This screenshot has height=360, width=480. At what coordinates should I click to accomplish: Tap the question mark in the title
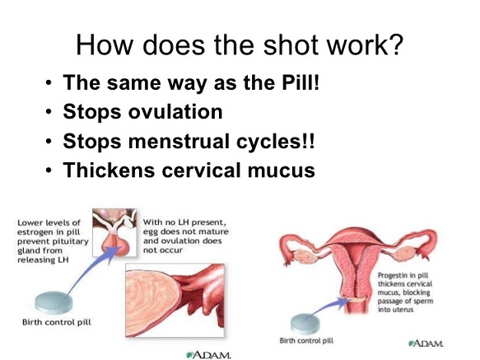point(395,44)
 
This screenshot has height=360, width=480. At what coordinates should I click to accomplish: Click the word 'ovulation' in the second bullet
point(175,111)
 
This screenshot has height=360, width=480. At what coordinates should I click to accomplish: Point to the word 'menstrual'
point(179,141)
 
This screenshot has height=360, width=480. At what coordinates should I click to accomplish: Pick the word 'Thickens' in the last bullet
point(109,170)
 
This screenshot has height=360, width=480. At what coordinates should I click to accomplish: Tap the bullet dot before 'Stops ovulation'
point(49,112)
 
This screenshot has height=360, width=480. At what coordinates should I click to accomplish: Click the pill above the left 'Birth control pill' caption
point(54,302)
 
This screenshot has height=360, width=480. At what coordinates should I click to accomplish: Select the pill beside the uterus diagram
point(305,324)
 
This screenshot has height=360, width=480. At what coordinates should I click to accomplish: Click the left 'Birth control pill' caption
point(57,322)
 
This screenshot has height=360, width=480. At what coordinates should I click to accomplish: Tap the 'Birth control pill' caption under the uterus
point(306,341)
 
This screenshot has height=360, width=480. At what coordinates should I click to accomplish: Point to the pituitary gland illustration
point(114,233)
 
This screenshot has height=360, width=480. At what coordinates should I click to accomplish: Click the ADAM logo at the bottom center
point(208,355)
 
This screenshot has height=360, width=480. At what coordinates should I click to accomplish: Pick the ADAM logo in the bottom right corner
point(426,344)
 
